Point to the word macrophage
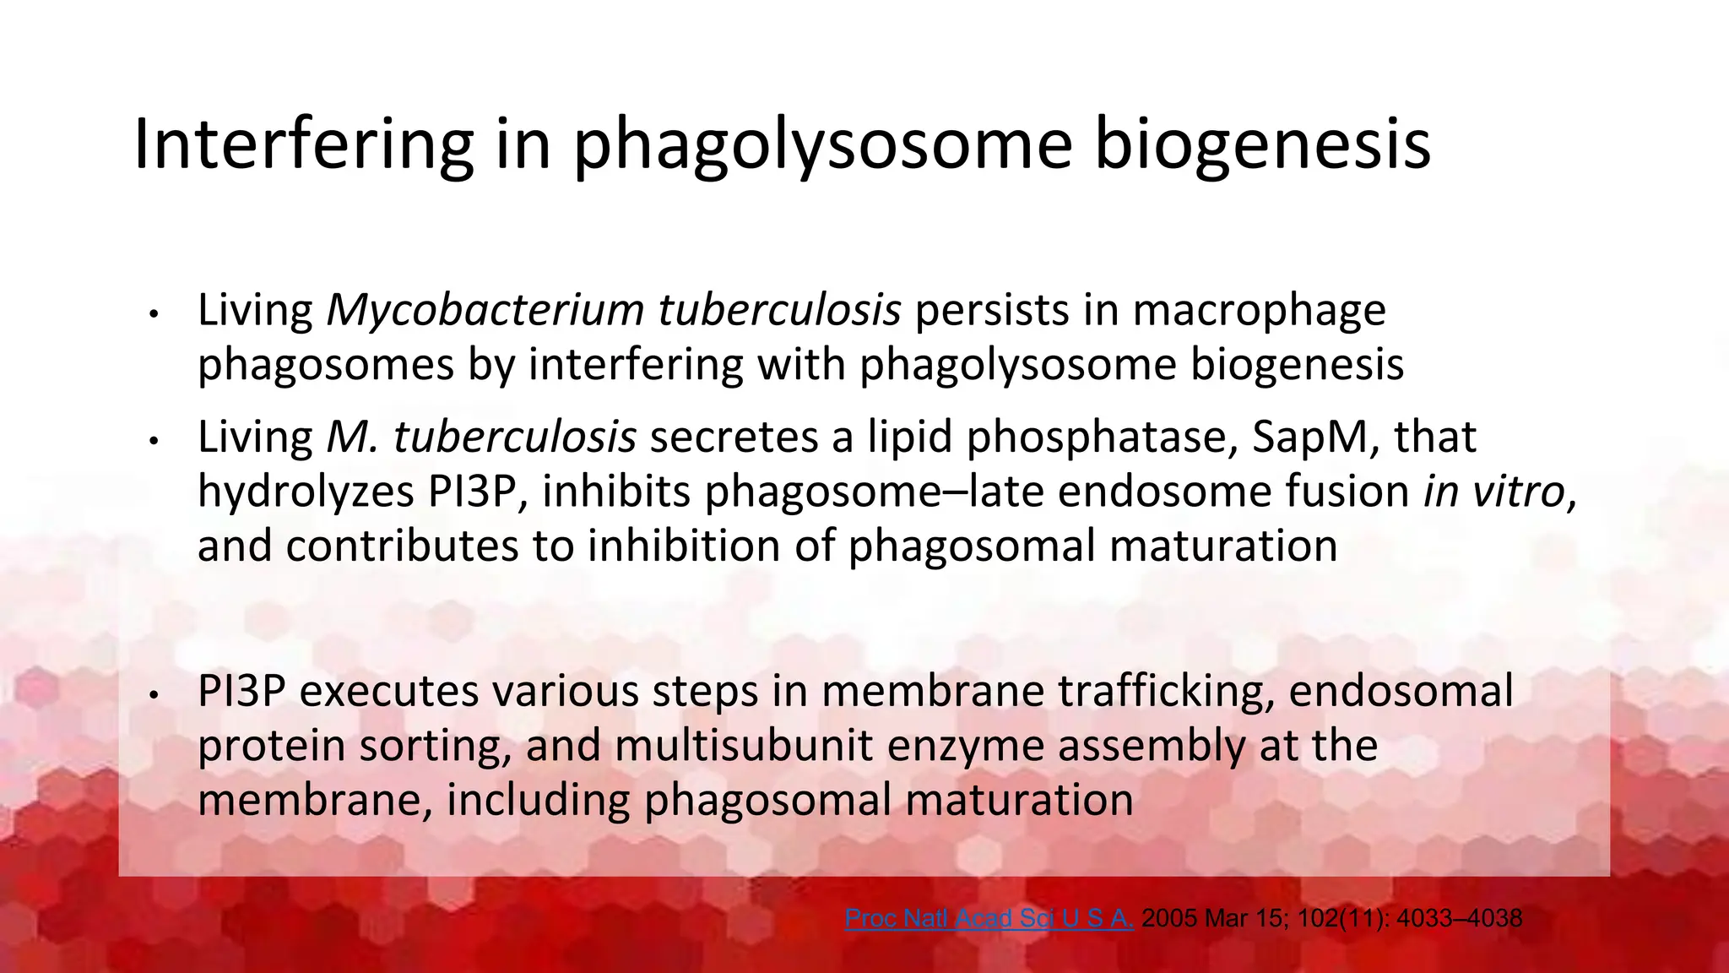[x=1259, y=312]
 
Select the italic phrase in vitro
[x=1493, y=492]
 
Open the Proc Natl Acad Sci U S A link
[x=989, y=918]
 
